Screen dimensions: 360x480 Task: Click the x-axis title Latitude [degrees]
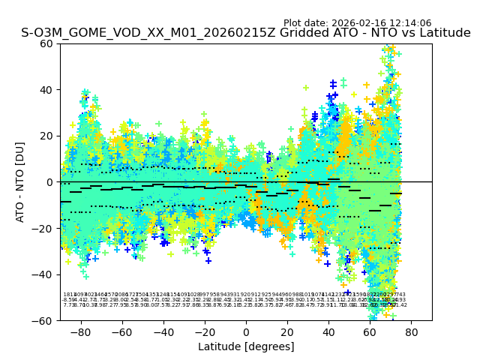click(246, 346)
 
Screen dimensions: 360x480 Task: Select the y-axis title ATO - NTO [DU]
click(21, 182)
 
